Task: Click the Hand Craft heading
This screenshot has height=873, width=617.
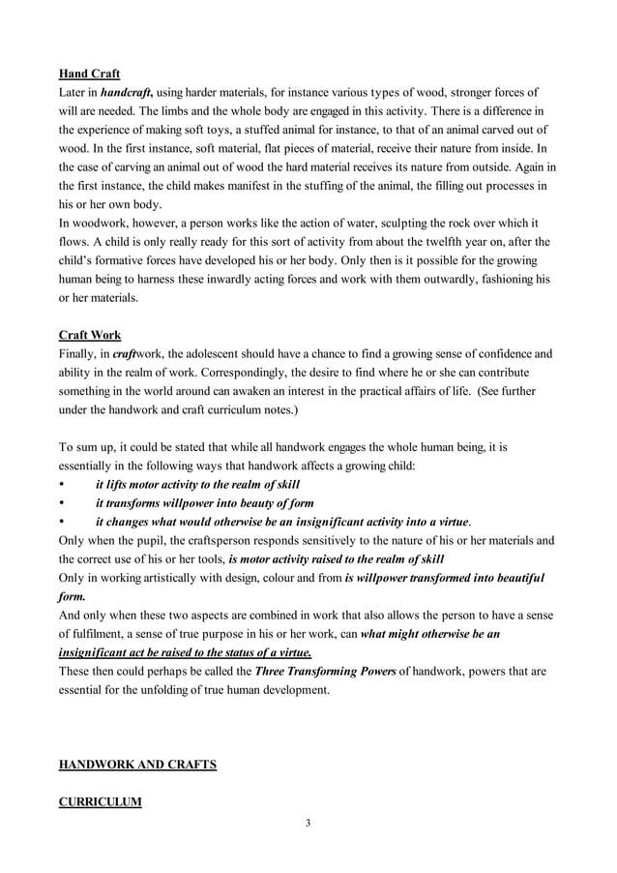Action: pyautogui.click(x=90, y=74)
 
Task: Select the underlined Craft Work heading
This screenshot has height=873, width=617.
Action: pyautogui.click(x=90, y=335)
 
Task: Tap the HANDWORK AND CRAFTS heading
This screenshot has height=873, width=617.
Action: pyautogui.click(x=137, y=765)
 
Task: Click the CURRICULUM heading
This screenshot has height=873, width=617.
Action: pyautogui.click(x=100, y=802)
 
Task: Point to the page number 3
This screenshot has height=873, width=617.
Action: pyautogui.click(x=308, y=824)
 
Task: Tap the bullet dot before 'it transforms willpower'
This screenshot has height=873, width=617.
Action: pyautogui.click(x=63, y=503)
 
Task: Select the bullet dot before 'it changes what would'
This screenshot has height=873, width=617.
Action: pyautogui.click(x=63, y=522)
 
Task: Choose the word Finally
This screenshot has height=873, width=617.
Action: pyautogui.click(x=80, y=354)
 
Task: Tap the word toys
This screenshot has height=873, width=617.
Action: pyautogui.click(x=246, y=130)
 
